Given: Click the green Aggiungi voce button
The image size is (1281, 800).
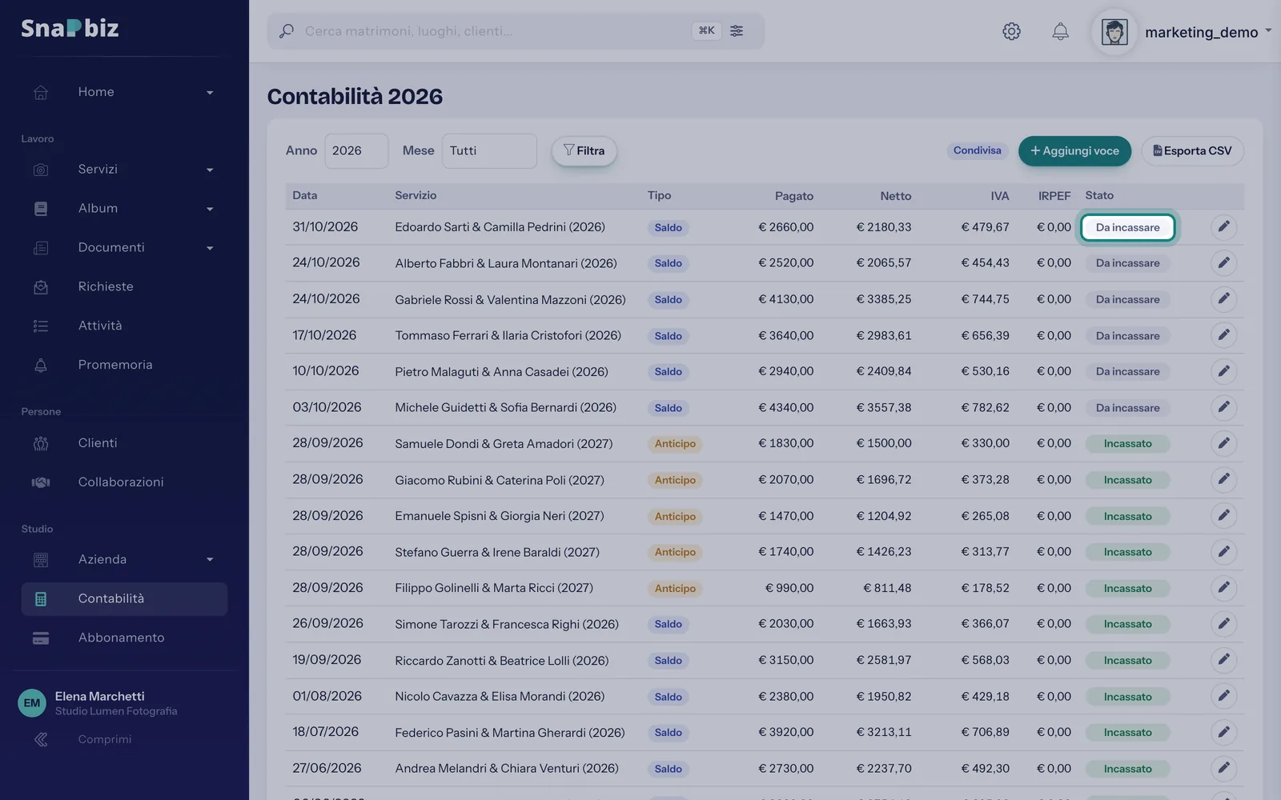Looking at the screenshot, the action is click(x=1074, y=151).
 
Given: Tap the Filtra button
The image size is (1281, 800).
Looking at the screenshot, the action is click(x=584, y=151).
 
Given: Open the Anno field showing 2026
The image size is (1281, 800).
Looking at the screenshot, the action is click(x=356, y=151).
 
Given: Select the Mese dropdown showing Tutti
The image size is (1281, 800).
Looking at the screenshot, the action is click(x=489, y=151).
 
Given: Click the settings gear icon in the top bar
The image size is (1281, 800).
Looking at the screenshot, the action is click(x=1011, y=31).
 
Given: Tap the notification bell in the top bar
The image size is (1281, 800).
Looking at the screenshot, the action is click(x=1060, y=31).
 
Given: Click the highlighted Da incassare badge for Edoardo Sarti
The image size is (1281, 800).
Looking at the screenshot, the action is click(x=1128, y=227).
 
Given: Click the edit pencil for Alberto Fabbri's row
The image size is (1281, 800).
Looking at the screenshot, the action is click(x=1224, y=263).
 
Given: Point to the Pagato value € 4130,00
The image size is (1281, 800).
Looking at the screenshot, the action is click(x=785, y=299).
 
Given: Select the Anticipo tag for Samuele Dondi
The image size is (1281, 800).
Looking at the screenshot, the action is click(x=675, y=444).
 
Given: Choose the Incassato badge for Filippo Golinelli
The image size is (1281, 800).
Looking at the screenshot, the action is click(x=1128, y=589).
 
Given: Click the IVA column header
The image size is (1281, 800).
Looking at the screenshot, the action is click(x=1000, y=196).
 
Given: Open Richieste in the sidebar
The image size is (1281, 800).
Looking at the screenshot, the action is click(x=106, y=287).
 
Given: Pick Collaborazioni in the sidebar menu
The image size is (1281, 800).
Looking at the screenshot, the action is click(x=121, y=482).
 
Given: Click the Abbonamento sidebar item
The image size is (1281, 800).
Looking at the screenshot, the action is click(x=121, y=638).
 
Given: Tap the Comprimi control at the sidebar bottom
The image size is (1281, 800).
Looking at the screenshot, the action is click(x=105, y=739).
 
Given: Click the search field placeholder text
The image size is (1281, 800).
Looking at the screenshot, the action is click(x=408, y=31).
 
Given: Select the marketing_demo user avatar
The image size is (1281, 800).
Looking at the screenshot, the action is click(x=1114, y=32).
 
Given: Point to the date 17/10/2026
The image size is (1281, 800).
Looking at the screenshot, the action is click(x=324, y=335).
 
